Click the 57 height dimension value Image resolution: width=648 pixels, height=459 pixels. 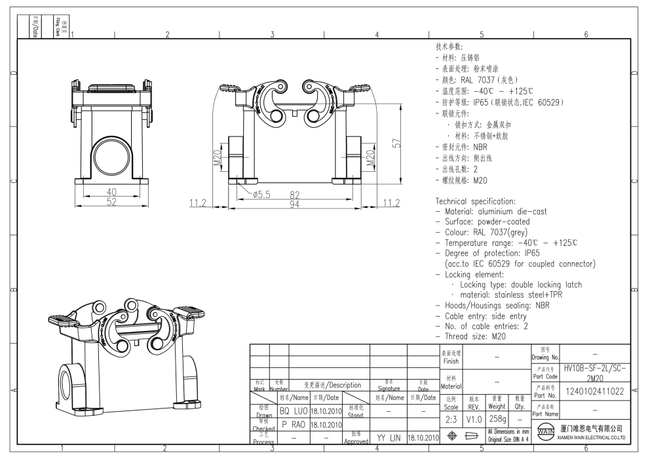click(x=396, y=143)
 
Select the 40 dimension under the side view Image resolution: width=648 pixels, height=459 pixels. click(x=111, y=192)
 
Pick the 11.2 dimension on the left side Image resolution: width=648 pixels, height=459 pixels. click(x=198, y=203)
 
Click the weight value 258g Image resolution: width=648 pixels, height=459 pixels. click(x=497, y=418)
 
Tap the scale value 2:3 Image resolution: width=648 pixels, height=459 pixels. click(x=451, y=418)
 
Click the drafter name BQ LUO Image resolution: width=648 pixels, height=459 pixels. click(x=293, y=411)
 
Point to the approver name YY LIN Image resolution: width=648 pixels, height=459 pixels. click(x=389, y=437)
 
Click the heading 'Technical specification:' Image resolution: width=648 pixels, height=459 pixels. click(x=476, y=201)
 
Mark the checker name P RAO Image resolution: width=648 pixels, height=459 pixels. click(x=293, y=424)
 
